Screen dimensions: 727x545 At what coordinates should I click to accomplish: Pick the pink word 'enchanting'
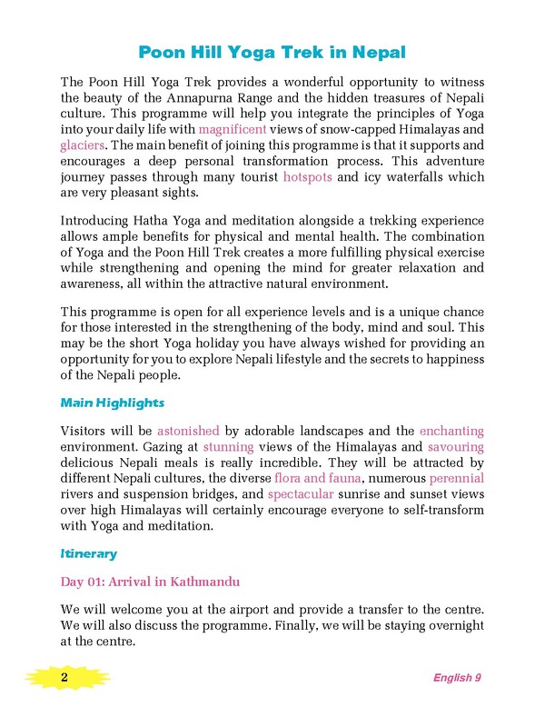coord(451,430)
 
